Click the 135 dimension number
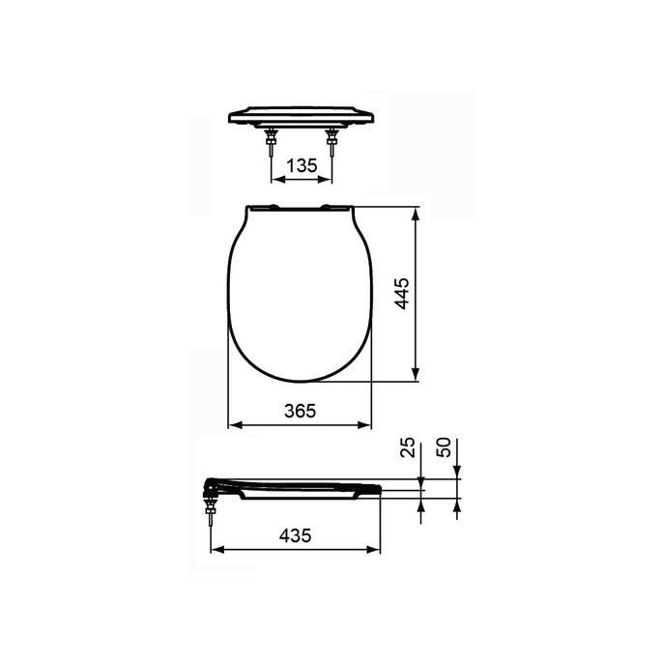click(302, 165)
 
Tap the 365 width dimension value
click(301, 410)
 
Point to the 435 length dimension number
click(294, 535)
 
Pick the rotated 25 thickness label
click(408, 447)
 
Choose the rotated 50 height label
click(445, 447)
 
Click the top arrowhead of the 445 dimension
click(416, 212)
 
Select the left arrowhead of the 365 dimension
click(232, 425)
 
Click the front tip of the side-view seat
click(380, 489)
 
